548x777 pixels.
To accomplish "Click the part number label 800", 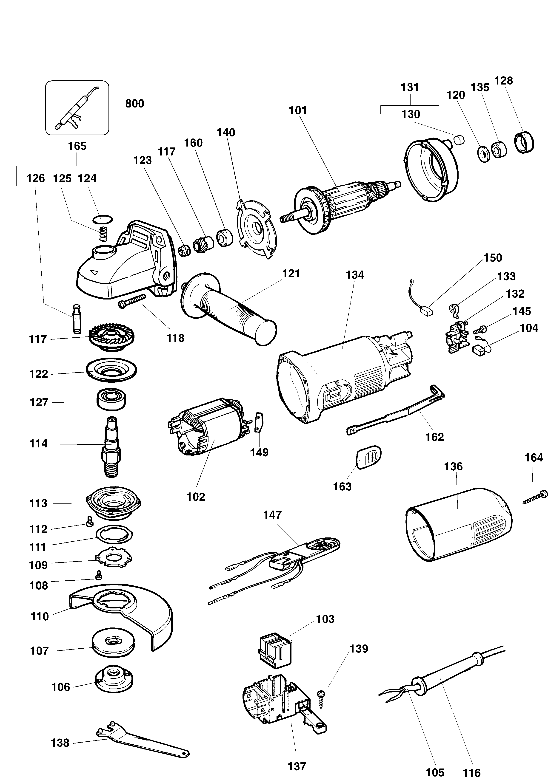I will click(x=134, y=104).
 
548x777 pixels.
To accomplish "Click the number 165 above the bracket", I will click(x=77, y=146).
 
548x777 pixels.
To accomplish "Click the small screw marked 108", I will click(x=99, y=575).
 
